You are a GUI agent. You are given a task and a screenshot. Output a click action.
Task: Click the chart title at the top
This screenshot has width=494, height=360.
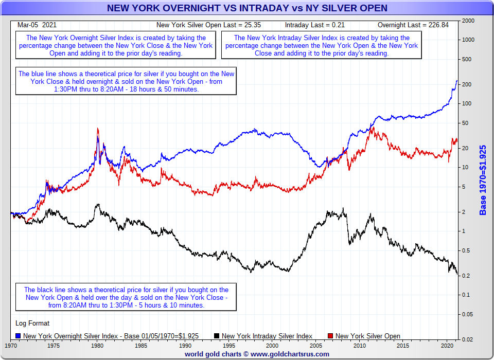coord(247,8)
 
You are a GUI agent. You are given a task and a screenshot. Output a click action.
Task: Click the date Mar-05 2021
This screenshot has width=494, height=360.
coord(37,25)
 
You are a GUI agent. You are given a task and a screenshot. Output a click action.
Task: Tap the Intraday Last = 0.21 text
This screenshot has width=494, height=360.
coord(314,25)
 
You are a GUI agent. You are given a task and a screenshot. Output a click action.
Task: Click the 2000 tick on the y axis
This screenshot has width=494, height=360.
coord(468,21)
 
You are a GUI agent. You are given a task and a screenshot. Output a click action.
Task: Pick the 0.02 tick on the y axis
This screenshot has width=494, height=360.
coord(468,339)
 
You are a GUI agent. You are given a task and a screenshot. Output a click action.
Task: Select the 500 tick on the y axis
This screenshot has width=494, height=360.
coord(468,59)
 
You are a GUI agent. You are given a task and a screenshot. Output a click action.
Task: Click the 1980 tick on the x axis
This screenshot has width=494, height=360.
coord(98,346)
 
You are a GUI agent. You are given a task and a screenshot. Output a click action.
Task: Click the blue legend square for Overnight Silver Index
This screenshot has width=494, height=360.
coord(19,336)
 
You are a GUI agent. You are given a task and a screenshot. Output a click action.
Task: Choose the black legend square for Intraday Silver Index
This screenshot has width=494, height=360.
coord(217,336)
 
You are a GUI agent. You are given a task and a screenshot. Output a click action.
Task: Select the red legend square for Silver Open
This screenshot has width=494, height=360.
coord(331,336)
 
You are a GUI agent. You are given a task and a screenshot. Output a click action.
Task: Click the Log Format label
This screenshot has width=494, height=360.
coord(33,323)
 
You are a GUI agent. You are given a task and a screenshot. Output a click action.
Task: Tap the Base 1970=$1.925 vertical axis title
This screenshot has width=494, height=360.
coord(483,180)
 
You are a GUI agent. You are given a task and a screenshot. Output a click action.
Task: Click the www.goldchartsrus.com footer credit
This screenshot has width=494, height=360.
coord(257,354)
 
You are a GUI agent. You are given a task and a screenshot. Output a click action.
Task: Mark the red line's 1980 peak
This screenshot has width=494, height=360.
coord(98,129)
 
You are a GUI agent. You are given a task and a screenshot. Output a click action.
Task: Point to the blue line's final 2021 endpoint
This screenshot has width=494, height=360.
coord(457,81)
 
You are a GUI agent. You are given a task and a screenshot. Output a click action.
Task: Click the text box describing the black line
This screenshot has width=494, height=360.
coord(126,297)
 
